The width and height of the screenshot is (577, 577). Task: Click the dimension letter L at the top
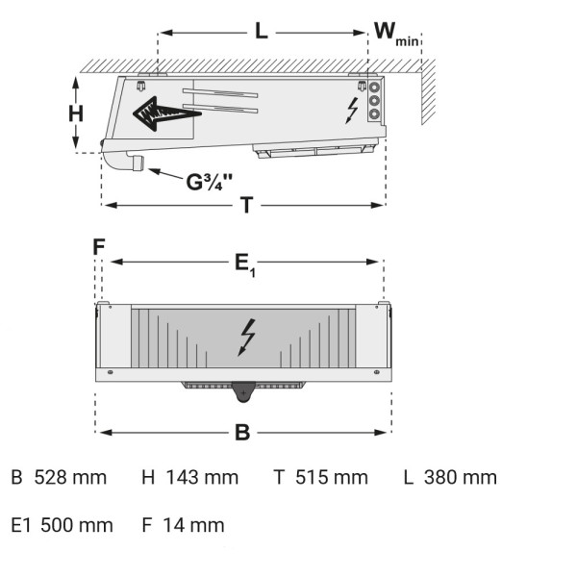262,31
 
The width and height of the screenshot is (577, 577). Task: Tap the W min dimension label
396,35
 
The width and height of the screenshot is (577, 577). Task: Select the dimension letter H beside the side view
76,113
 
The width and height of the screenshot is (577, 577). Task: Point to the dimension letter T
247,205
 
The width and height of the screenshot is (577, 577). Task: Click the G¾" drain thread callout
210,182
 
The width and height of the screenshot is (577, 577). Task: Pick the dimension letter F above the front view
99,246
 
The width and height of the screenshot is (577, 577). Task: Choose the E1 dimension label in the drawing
245,265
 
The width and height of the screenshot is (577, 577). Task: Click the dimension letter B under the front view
242,433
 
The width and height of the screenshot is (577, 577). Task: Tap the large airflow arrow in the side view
167,113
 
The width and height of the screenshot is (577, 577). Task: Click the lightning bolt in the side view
352,111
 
